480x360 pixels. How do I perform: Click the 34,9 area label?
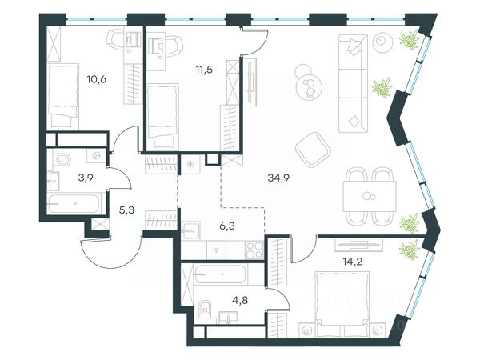point(278,178)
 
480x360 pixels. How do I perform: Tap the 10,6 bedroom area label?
point(97,79)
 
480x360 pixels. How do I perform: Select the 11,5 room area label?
point(204,70)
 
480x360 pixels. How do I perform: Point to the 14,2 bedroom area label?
point(353,262)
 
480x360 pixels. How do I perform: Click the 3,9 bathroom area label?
point(86,178)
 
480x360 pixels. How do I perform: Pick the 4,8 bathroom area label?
point(240,300)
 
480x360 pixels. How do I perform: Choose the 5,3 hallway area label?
point(126,210)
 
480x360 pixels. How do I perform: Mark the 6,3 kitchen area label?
point(227,226)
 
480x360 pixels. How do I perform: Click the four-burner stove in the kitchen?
point(254,250)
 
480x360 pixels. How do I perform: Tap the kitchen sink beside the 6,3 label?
point(190,231)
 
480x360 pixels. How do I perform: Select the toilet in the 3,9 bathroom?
point(62,159)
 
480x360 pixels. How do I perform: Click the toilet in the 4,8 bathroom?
point(205,308)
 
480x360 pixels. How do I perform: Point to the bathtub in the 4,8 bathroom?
point(220,274)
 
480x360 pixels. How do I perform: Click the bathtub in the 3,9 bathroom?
point(74,203)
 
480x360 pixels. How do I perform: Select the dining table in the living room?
point(370,196)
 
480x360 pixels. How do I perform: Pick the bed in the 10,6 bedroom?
point(62,96)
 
